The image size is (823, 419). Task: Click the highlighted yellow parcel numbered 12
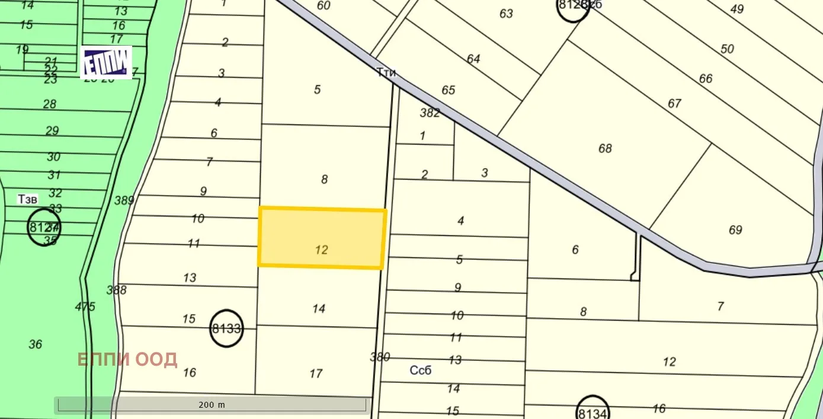[322, 238]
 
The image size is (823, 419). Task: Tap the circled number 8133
[226, 328]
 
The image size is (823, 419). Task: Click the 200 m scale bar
[212, 405]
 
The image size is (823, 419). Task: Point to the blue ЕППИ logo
[106, 62]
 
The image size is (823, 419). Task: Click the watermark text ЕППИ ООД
[127, 359]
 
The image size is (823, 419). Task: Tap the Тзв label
[27, 199]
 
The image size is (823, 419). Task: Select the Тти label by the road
[386, 73]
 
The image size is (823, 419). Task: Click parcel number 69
[735, 230]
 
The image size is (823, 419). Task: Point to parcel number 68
[605, 148]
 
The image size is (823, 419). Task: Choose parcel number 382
[430, 113]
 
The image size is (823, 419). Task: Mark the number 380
[380, 357]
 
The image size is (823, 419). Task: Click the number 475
[85, 306]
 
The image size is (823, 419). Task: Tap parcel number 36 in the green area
[36, 344]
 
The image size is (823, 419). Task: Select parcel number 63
[506, 13]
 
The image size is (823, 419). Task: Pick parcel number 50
[727, 49]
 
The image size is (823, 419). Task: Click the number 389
[124, 200]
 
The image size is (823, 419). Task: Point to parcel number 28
[50, 104]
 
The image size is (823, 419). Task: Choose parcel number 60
[324, 5]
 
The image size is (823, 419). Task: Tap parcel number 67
[674, 103]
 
